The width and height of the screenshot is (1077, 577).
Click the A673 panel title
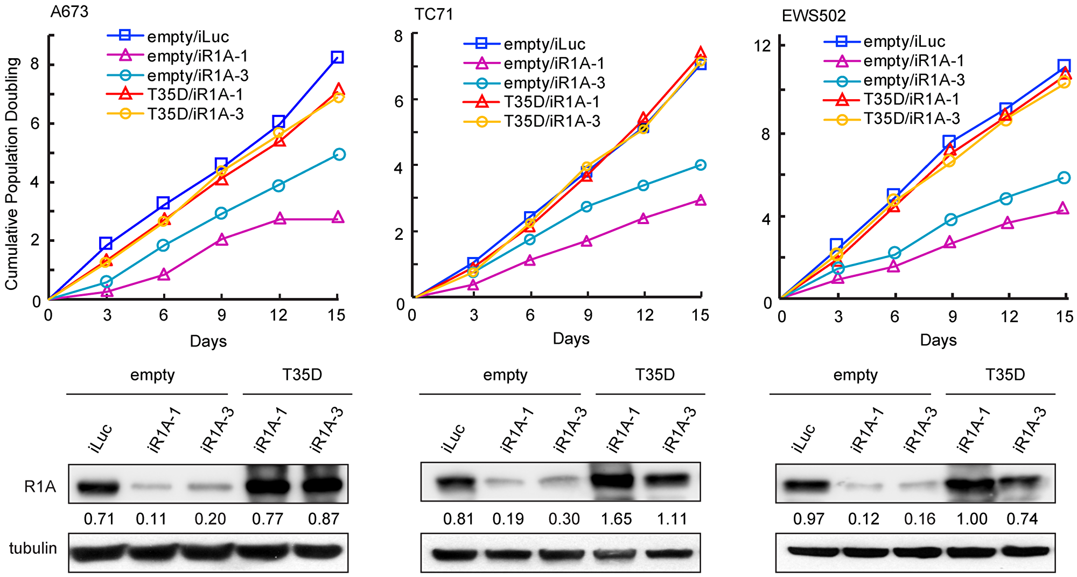[69, 11]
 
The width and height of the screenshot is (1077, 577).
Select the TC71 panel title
[433, 14]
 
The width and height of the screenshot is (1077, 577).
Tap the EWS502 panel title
[814, 16]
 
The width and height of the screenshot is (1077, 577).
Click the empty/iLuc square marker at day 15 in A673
[337, 57]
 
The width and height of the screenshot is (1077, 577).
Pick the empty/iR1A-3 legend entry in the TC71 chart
[554, 83]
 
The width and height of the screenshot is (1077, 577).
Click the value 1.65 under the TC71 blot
[616, 519]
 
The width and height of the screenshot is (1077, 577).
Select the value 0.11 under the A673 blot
[151, 519]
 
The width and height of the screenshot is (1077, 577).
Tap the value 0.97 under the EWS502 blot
[808, 519]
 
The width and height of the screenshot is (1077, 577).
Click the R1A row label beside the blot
[40, 487]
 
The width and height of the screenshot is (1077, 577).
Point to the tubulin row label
[33, 548]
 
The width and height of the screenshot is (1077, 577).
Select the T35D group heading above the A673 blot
[302, 374]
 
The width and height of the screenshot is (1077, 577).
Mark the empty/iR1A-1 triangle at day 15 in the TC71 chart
[700, 200]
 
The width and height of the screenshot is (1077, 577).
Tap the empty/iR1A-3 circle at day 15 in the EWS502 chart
[1064, 178]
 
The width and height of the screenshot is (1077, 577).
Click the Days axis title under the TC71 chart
[571, 338]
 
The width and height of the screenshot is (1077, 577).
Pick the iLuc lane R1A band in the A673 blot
[97, 488]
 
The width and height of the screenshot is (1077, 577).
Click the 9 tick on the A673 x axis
[221, 315]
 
